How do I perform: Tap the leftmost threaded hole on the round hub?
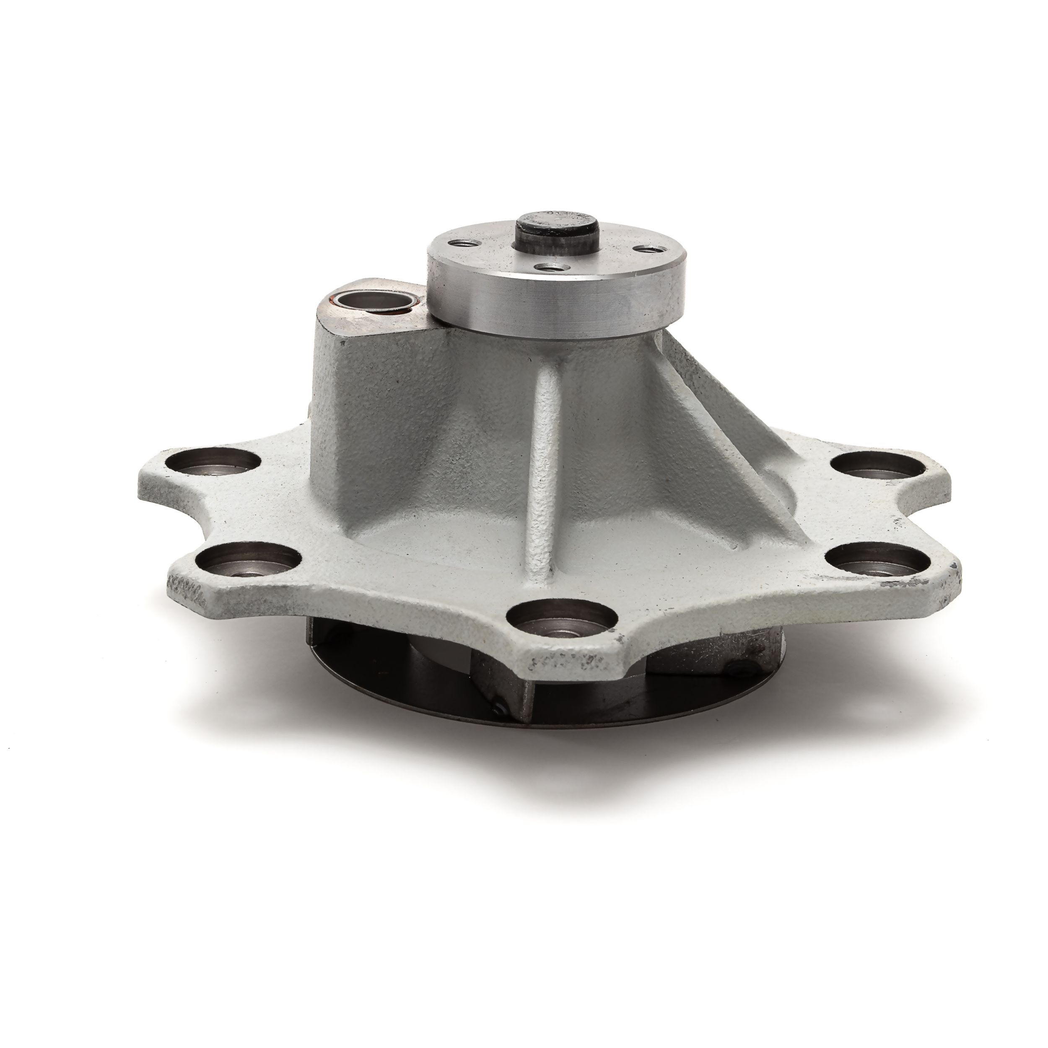tap(461, 245)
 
